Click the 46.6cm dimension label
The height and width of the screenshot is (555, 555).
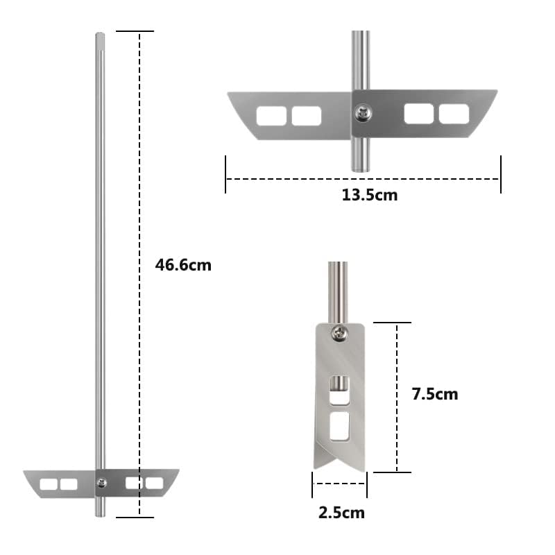point(182,265)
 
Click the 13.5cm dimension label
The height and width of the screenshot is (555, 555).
point(369,195)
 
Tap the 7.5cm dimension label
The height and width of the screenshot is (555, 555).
point(434,394)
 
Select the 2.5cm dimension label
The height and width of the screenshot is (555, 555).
point(341,513)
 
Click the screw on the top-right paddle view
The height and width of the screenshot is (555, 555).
point(361,110)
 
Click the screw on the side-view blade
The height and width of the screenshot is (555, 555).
point(339,334)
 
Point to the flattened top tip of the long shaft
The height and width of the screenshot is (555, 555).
point(100,35)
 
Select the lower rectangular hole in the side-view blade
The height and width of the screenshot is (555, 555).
point(339,427)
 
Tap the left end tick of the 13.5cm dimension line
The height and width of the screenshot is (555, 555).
point(225,175)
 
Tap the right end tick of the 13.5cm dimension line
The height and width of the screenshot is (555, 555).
point(501,175)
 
